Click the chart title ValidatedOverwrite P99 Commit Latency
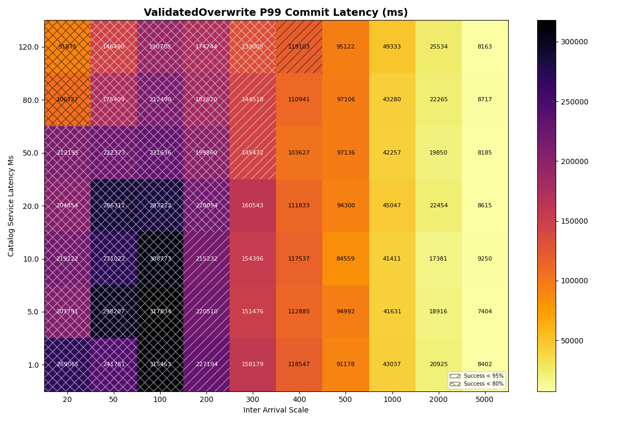276,13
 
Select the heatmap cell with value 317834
160,312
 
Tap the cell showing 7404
485,312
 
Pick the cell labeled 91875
67,47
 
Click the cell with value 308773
160,259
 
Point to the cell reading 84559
345,259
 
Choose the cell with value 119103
299,47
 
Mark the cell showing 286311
114,206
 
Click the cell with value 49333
392,47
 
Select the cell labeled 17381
438,259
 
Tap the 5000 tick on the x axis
485,400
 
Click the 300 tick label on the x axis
253,400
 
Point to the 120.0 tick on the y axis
29,47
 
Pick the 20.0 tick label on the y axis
31,206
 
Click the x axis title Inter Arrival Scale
276,410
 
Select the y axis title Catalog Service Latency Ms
11,206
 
